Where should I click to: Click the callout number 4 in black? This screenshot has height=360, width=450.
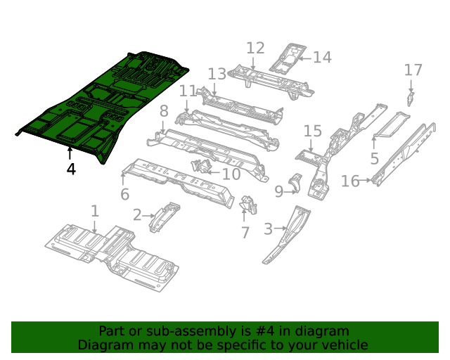click(70, 169)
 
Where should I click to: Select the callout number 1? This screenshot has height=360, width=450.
click(94, 211)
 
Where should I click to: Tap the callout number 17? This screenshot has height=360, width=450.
click(413, 70)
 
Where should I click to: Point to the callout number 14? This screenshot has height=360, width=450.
click(322, 57)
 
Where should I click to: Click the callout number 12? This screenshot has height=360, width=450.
click(255, 48)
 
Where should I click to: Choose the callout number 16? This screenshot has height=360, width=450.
click(350, 181)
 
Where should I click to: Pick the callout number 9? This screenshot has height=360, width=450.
click(279, 191)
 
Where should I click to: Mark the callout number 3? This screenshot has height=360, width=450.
click(268, 229)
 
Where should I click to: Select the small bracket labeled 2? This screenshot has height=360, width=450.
click(164, 215)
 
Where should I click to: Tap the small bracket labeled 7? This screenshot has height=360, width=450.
click(247, 205)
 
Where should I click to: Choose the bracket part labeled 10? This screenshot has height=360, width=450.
click(200, 167)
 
